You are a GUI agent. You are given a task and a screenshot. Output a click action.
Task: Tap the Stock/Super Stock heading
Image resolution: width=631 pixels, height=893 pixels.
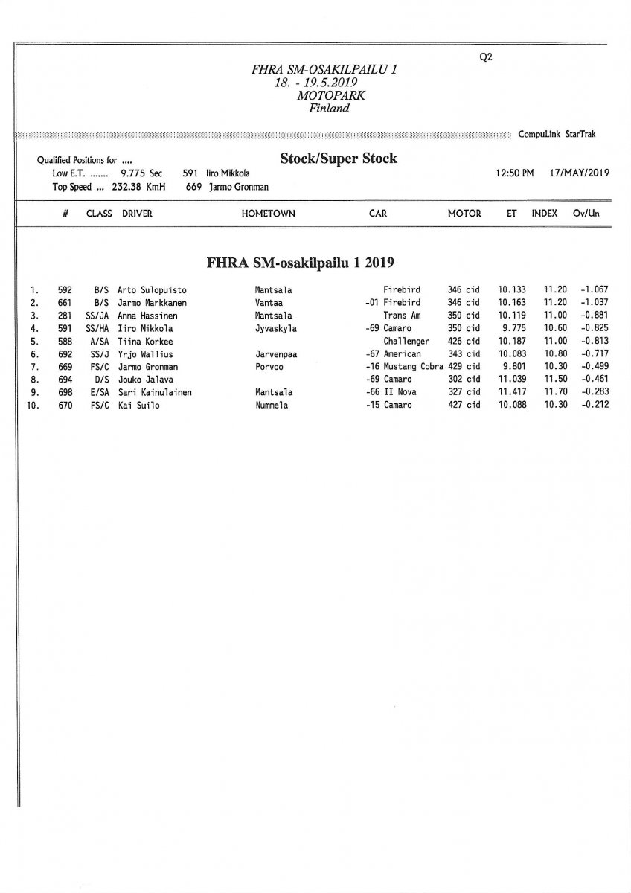(x=338, y=159)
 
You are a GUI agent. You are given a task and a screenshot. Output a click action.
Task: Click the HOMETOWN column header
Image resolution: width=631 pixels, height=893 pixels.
(x=268, y=214)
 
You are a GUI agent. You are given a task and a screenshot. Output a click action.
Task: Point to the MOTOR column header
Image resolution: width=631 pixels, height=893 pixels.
(x=464, y=214)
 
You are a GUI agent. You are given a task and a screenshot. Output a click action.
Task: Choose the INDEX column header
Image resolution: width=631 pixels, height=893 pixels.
(x=545, y=214)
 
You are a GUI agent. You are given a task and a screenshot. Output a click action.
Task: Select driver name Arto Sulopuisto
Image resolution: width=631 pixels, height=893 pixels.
(x=153, y=289)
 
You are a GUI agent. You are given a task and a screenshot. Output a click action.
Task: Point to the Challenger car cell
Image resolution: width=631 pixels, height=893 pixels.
(x=406, y=342)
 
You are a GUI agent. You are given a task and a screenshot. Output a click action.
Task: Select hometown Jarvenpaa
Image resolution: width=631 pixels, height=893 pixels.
(x=275, y=354)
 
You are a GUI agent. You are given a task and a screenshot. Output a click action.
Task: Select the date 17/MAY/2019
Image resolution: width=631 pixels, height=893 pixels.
(x=579, y=173)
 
